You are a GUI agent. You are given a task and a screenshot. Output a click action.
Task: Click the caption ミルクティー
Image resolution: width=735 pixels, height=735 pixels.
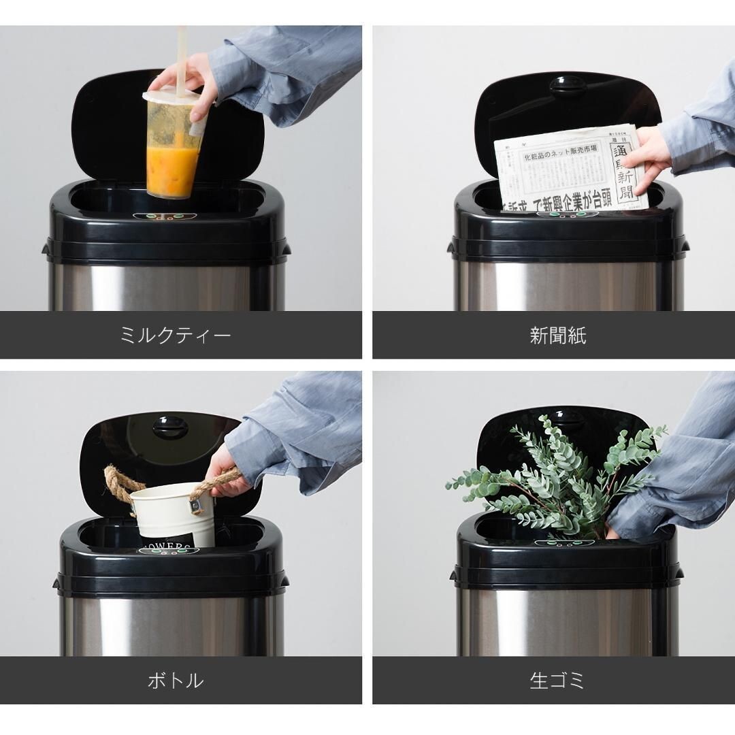[176, 336]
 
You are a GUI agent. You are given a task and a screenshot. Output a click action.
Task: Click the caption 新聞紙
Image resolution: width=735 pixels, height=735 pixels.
[557, 336]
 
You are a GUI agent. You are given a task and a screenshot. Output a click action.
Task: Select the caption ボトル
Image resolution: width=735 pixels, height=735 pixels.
[176, 680]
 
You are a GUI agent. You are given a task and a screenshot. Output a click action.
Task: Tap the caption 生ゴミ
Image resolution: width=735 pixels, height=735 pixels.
[557, 680]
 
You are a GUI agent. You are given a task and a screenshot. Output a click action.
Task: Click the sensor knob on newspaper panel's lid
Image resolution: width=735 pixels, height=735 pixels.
[568, 86]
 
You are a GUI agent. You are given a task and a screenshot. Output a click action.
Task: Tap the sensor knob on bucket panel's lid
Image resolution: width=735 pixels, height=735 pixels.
[170, 427]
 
